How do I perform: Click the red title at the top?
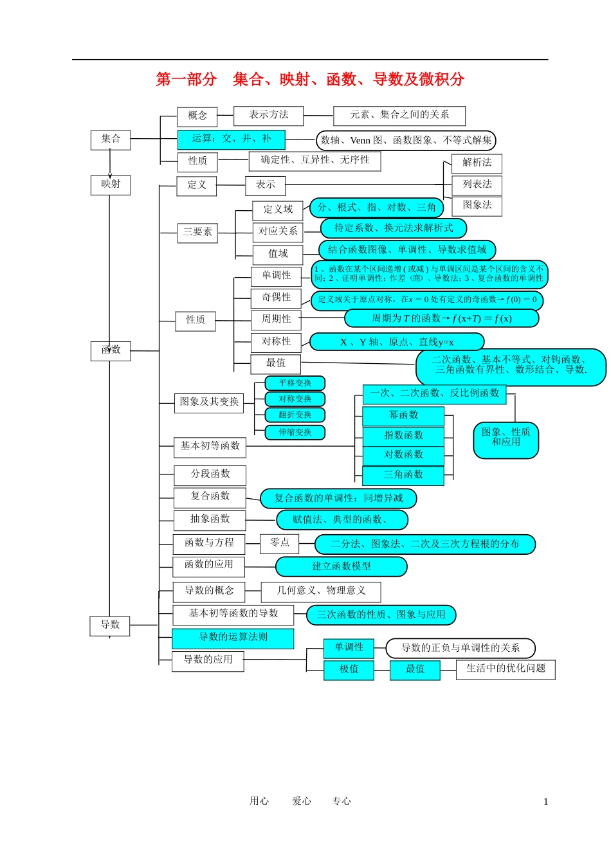tap(310, 80)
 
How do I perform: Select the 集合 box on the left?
tap(111, 139)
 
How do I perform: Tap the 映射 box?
tap(111, 184)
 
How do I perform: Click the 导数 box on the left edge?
tap(110, 625)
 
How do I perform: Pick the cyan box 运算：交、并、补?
tap(232, 139)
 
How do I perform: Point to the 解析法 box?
tap(477, 163)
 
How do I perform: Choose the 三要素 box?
tap(197, 233)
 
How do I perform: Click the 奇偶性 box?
tap(276, 298)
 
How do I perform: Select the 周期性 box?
tap(276, 319)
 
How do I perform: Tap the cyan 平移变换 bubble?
tap(295, 384)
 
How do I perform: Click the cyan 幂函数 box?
tap(403, 416)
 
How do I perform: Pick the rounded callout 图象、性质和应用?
tap(506, 440)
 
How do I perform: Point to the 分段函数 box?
tap(210, 475)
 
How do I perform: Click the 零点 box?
tap(280, 543)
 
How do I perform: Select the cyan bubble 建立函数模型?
tap(342, 566)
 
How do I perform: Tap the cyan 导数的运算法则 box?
tap(233, 638)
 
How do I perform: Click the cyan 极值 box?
tap(349, 670)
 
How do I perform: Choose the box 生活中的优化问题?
tap(506, 669)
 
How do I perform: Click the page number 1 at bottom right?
tap(546, 802)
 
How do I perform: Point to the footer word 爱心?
tap(302, 801)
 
